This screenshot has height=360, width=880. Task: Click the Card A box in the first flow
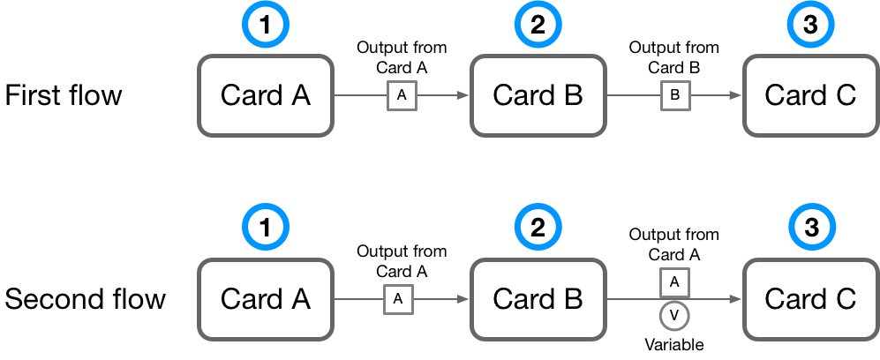(266, 95)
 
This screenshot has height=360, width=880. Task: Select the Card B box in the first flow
(538, 95)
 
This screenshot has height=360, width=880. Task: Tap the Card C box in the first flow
(810, 95)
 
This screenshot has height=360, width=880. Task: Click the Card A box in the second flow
(266, 299)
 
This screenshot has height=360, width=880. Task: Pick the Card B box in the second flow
(538, 299)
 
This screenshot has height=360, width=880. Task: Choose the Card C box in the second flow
(810, 299)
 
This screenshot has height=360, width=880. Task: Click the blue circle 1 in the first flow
(266, 26)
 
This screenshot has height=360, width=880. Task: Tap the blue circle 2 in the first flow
(538, 26)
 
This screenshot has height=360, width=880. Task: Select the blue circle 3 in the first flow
(810, 26)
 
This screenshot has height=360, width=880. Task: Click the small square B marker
(674, 96)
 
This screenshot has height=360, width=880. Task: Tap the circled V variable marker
(674, 315)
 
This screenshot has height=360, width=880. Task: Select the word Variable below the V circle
(674, 344)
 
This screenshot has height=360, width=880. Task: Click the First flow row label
(64, 95)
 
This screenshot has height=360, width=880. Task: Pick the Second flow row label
(85, 299)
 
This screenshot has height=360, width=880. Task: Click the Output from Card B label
(674, 56)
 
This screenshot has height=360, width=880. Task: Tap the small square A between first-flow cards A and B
(402, 96)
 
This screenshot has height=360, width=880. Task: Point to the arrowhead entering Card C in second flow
(735, 300)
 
